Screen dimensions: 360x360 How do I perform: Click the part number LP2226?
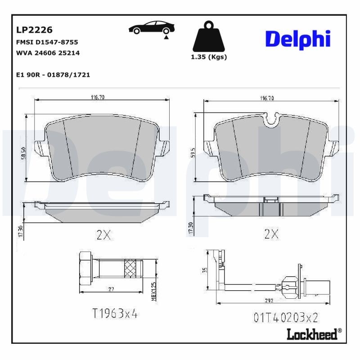click(34, 30)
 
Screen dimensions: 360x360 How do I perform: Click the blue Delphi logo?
click(297, 40)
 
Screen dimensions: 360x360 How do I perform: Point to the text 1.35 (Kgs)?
click(209, 57)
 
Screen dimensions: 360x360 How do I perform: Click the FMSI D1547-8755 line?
click(47, 42)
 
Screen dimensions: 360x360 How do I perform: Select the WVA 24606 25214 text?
click(48, 53)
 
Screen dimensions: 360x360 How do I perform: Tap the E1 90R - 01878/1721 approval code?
click(53, 75)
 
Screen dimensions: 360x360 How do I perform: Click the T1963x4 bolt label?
click(114, 314)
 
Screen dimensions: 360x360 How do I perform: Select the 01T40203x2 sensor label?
click(285, 318)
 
